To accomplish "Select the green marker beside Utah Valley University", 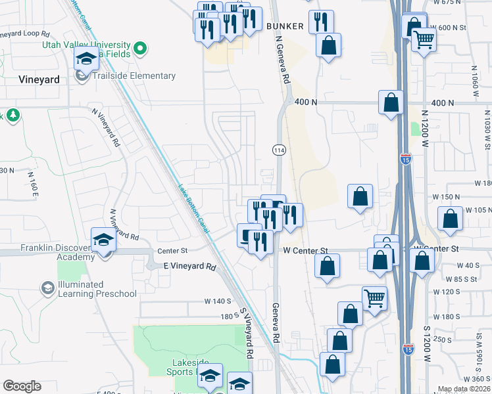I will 139,48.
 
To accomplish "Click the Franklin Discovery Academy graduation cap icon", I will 103,241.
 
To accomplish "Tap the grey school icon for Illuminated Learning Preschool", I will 47,288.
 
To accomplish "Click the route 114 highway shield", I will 278,150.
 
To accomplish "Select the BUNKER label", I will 286,26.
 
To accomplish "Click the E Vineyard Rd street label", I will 189,267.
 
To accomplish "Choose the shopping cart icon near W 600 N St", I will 424,41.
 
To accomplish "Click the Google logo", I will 22,386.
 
